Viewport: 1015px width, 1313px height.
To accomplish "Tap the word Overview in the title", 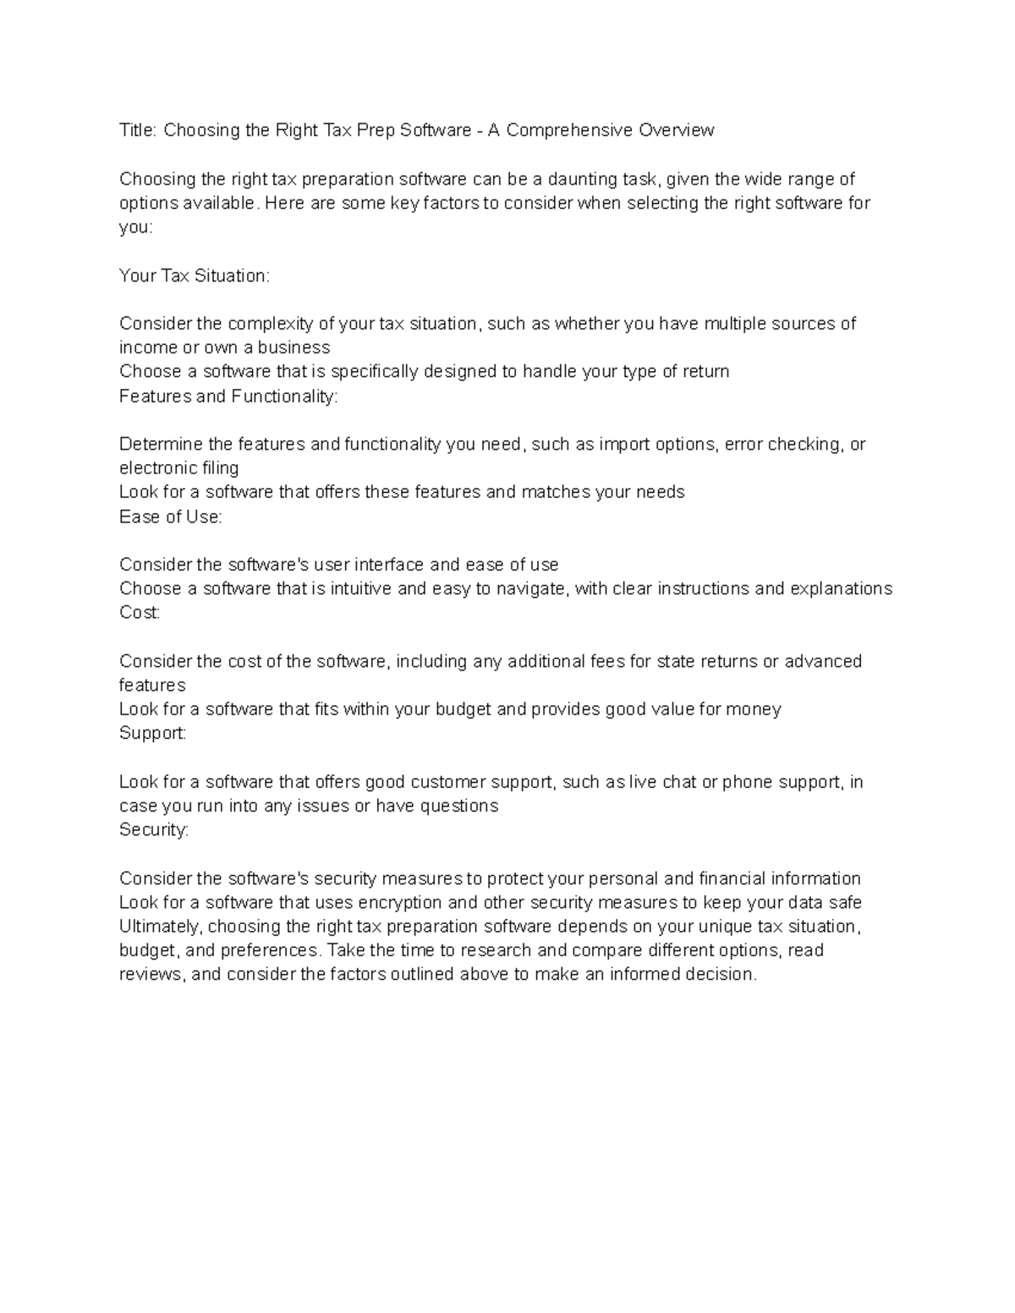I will [677, 130].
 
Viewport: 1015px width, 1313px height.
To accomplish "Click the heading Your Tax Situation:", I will [195, 276].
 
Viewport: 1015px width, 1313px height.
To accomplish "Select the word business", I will [294, 347].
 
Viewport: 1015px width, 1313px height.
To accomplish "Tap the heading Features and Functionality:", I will [228, 397].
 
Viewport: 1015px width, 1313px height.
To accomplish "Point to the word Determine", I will [161, 445].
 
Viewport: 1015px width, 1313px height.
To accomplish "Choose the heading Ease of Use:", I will [171, 517].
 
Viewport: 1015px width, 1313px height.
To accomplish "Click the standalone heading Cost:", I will [140, 613].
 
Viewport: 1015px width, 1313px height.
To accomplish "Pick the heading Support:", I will [152, 733].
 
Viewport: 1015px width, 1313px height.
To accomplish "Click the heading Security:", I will [154, 830].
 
